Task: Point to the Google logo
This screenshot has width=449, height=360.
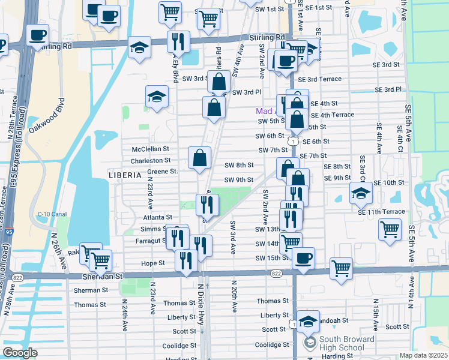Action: [x=20, y=353]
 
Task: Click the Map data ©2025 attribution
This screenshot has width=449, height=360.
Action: [x=423, y=355]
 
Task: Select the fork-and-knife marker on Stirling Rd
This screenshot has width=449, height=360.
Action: [x=178, y=41]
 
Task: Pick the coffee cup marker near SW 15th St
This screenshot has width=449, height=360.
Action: [x=303, y=258]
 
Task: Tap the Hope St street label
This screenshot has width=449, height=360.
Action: [x=154, y=263]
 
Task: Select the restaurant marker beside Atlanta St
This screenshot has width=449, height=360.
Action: [x=207, y=205]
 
